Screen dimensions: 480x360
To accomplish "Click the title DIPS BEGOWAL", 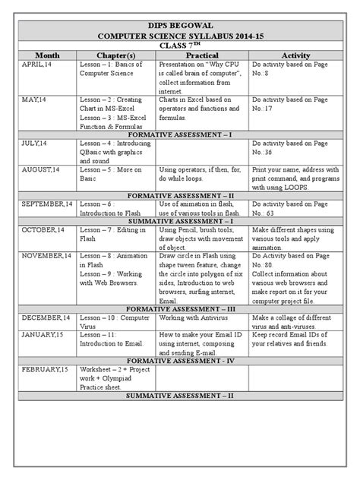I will [179, 24].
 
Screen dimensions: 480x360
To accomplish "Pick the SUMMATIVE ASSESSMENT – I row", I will [179, 219].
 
